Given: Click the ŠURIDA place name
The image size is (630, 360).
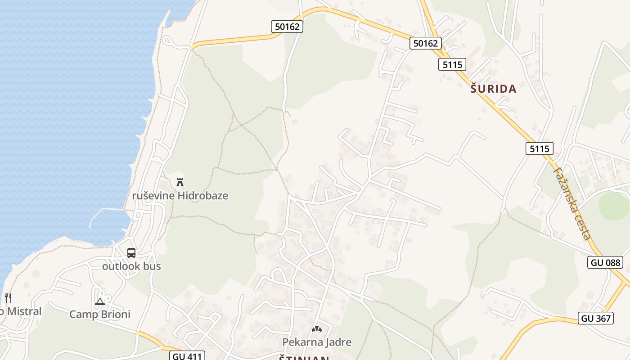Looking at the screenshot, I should pyautogui.click(x=493, y=89).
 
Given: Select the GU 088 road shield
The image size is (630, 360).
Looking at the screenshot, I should pyautogui.click(x=605, y=262).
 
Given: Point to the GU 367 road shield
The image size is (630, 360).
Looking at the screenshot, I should pyautogui.click(x=596, y=319).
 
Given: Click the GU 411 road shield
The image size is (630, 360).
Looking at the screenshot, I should pyautogui.click(x=188, y=356).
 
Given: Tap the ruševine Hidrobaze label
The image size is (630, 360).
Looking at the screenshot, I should pyautogui.click(x=180, y=196).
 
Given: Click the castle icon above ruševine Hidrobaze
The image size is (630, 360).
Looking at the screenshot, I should pyautogui.click(x=180, y=182).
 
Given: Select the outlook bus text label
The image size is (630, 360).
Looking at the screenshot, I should pyautogui.click(x=131, y=266).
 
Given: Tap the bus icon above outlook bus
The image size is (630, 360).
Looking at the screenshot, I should pyautogui.click(x=131, y=253).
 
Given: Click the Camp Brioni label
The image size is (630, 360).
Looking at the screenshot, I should pyautogui.click(x=100, y=314).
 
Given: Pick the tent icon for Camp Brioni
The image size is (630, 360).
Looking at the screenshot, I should pyautogui.click(x=100, y=301).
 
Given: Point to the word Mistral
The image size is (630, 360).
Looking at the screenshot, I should pyautogui.click(x=24, y=311).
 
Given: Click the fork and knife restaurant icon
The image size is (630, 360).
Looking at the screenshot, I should pyautogui.click(x=8, y=297).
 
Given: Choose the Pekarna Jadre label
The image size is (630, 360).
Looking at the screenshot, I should pyautogui.click(x=317, y=342).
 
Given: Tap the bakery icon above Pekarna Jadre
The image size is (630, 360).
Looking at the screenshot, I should pyautogui.click(x=317, y=329).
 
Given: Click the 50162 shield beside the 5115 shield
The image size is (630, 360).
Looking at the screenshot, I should pyautogui.click(x=425, y=43).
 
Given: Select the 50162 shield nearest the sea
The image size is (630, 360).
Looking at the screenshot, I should pyautogui.click(x=287, y=27).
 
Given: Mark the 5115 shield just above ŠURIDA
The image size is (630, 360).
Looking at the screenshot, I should pyautogui.click(x=452, y=64).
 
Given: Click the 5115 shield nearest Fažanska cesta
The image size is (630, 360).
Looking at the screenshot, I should pyautogui.click(x=539, y=148).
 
